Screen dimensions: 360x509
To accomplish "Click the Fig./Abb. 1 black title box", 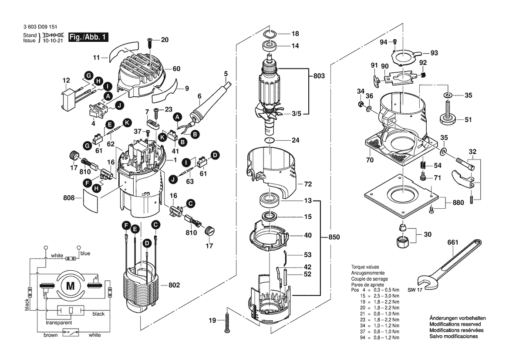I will pyautogui.click(x=88, y=37).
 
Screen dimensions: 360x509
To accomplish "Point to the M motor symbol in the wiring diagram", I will pyautogui.click(x=70, y=286).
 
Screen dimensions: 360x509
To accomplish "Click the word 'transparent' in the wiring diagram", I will pyautogui.click(x=59, y=323).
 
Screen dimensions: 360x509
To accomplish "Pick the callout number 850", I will pyautogui.click(x=334, y=237).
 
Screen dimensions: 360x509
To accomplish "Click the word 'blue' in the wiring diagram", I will pyautogui.click(x=85, y=253).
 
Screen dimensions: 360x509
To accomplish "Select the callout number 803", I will pyautogui.click(x=319, y=76).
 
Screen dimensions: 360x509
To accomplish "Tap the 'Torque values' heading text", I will pyautogui.click(x=365, y=267).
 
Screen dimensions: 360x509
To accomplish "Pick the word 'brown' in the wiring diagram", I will pyautogui.click(x=51, y=335).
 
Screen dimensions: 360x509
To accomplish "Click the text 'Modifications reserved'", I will pyautogui.click(x=455, y=325).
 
